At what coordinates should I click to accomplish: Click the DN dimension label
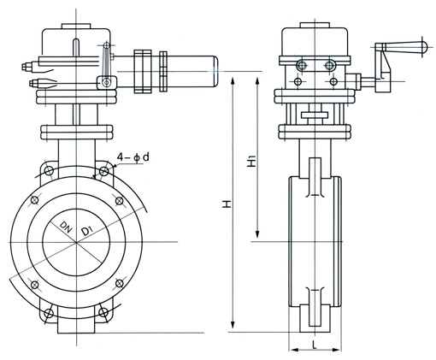tap(66, 227)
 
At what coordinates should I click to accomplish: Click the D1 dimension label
tap(86, 230)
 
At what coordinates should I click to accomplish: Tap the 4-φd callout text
tap(133, 157)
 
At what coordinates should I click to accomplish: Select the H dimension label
tap(227, 204)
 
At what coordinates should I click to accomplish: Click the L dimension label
tap(315, 345)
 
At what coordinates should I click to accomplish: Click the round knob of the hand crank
tap(424, 46)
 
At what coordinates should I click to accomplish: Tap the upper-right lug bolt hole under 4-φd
tap(103, 171)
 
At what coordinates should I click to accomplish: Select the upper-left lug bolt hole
tap(49, 171)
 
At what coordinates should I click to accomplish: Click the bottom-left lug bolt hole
tap(49, 313)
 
